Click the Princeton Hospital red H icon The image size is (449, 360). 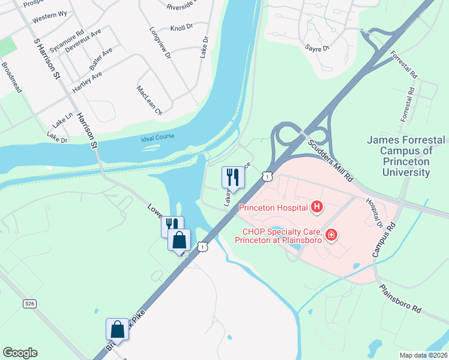click(316, 208)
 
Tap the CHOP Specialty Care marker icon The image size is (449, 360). click(331, 234)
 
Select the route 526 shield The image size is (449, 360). click(31, 304)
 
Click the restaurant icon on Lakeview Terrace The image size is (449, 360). click(232, 177)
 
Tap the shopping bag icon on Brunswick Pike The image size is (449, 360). click(117, 329)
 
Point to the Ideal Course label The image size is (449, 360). click(157, 137)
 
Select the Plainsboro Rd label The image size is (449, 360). click(400, 298)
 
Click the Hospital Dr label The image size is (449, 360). click(373, 212)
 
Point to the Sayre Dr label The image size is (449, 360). click(318, 47)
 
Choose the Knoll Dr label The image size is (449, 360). click(181, 27)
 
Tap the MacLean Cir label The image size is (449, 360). click(149, 100)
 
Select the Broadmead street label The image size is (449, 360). click(11, 77)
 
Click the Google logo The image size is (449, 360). click(20, 353)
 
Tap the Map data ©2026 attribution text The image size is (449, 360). click(423, 355)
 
